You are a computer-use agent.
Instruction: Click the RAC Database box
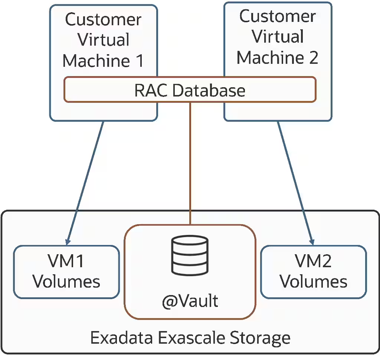(190, 89)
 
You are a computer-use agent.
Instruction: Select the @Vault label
(190, 301)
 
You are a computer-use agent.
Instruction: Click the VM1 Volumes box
(66, 272)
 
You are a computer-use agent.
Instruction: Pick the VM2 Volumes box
(314, 272)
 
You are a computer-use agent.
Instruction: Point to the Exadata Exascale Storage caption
(190, 338)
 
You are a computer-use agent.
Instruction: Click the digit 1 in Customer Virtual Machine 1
(139, 60)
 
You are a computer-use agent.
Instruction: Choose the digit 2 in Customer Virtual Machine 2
(313, 58)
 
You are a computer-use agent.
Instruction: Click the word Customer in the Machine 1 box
(103, 19)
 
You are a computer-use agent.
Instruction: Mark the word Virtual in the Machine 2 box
(278, 37)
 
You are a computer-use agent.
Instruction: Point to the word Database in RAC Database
(210, 90)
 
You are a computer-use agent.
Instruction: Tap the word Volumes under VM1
(66, 282)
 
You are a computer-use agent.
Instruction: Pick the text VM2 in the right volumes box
(314, 261)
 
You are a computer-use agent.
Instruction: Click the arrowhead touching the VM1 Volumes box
(68, 239)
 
